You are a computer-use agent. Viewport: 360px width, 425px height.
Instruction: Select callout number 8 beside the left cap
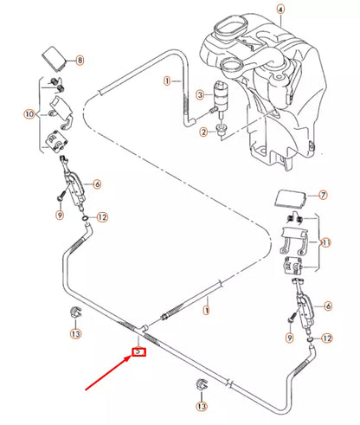pos(80,61)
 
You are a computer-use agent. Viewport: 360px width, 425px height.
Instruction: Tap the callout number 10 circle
pos(29,113)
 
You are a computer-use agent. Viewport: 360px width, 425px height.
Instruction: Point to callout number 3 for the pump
pos(200,95)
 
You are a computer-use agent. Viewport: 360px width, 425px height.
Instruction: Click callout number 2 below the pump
pos(203,132)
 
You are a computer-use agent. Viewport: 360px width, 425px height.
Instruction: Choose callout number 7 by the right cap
pos(324,197)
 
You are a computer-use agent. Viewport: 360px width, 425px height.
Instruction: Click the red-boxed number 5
pos(138,352)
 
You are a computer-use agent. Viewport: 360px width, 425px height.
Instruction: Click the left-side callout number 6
pos(97,184)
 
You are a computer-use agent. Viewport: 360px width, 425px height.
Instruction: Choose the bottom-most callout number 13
pos(202,406)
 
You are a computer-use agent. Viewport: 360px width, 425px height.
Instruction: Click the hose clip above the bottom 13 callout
pos(202,384)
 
